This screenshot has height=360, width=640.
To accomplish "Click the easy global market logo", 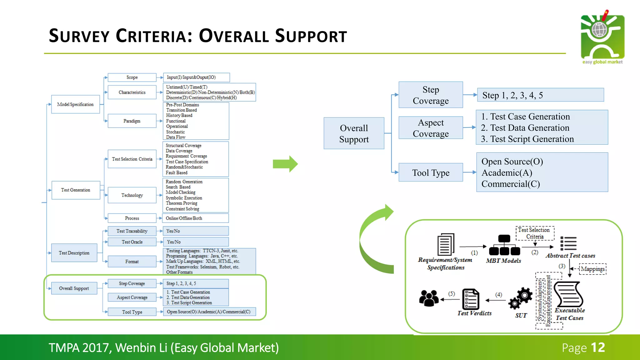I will tap(602, 37).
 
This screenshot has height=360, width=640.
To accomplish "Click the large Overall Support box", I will tap(354, 133).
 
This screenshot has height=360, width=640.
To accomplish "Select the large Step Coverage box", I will tap(430, 95).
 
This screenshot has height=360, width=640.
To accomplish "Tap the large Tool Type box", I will tap(430, 172).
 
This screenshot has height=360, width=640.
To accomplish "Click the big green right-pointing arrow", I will tap(285, 164).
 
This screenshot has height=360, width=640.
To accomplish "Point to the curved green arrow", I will tap(373, 237).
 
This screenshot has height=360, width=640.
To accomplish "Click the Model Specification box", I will tap(75, 104).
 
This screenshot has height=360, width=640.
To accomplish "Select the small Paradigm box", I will tap(132, 121).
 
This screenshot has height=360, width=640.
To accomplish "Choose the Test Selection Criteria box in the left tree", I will tap(132, 159).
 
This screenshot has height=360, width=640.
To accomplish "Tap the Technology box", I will tap(132, 195).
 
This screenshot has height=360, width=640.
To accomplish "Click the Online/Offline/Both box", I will tap(196, 218).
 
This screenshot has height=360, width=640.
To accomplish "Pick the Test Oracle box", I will tap(132, 242).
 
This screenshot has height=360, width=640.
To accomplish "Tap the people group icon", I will tap(429, 298).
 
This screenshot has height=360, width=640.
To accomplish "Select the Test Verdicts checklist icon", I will tap(470, 299).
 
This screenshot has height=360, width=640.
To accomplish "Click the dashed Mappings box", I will tap(592, 269).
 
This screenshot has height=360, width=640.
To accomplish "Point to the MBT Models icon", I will tap(504, 245).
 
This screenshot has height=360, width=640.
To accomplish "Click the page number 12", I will tap(598, 347).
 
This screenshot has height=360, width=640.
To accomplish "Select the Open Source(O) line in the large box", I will tap(512, 162).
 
